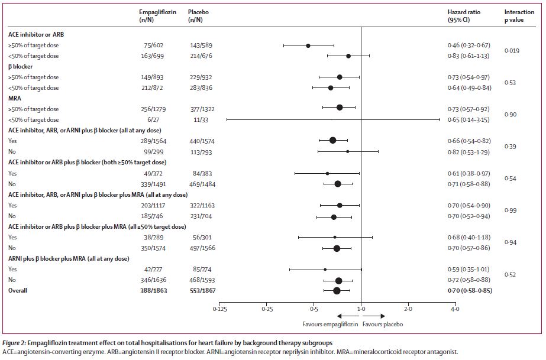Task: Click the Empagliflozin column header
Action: (157, 15)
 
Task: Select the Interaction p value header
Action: (519, 15)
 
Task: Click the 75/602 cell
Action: (154, 45)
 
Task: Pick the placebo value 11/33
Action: (199, 119)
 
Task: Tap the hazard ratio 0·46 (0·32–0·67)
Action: (469, 45)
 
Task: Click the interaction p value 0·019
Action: (512, 50)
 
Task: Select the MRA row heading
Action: (15, 99)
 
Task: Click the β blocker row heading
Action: (21, 66)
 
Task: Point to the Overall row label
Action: (18, 290)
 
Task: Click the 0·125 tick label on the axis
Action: (219, 309)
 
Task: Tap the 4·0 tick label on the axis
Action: (455, 309)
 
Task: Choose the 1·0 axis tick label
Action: (361, 309)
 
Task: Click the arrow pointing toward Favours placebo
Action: (374, 316)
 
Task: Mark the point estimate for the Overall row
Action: (337, 290)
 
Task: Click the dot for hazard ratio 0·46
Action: (308, 46)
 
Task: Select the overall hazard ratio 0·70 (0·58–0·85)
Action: (470, 290)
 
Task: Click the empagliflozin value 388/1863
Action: (154, 290)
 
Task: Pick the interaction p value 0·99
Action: (510, 210)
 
